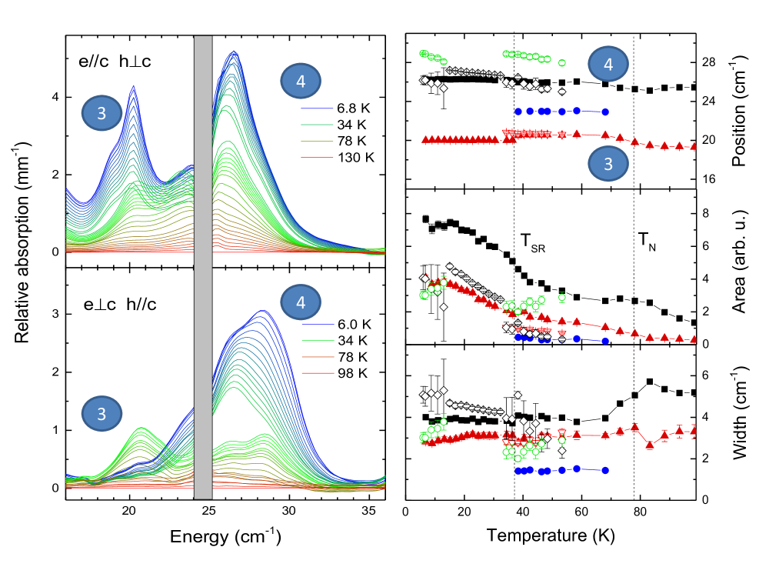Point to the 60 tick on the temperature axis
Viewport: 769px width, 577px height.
pos(581,511)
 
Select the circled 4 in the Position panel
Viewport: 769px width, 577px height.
pos(609,65)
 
